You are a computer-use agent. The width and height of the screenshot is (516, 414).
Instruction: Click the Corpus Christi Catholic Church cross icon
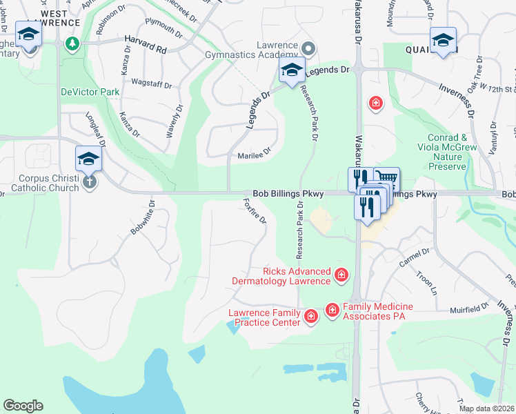[x=88, y=182]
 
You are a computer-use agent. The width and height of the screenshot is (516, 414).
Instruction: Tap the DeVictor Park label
[x=90, y=92]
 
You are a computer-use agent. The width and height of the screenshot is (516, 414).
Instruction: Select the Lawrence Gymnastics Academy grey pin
[x=308, y=48]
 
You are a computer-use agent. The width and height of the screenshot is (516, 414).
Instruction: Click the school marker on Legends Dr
[x=291, y=70]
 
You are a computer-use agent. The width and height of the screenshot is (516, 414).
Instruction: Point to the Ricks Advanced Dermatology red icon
[x=341, y=276]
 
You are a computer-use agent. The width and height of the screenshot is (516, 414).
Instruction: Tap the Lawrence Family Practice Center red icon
[x=310, y=317]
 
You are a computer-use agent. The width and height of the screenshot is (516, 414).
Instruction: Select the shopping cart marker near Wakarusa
[x=387, y=179]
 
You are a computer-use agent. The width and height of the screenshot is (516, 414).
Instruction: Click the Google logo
[x=23, y=406]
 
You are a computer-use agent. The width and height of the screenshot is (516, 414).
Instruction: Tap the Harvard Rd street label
[x=146, y=50]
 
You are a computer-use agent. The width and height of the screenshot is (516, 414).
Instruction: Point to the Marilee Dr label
[x=254, y=155]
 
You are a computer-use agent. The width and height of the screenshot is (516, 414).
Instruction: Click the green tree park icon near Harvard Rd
[x=71, y=44]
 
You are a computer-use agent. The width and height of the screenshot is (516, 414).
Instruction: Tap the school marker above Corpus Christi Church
[x=88, y=161]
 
